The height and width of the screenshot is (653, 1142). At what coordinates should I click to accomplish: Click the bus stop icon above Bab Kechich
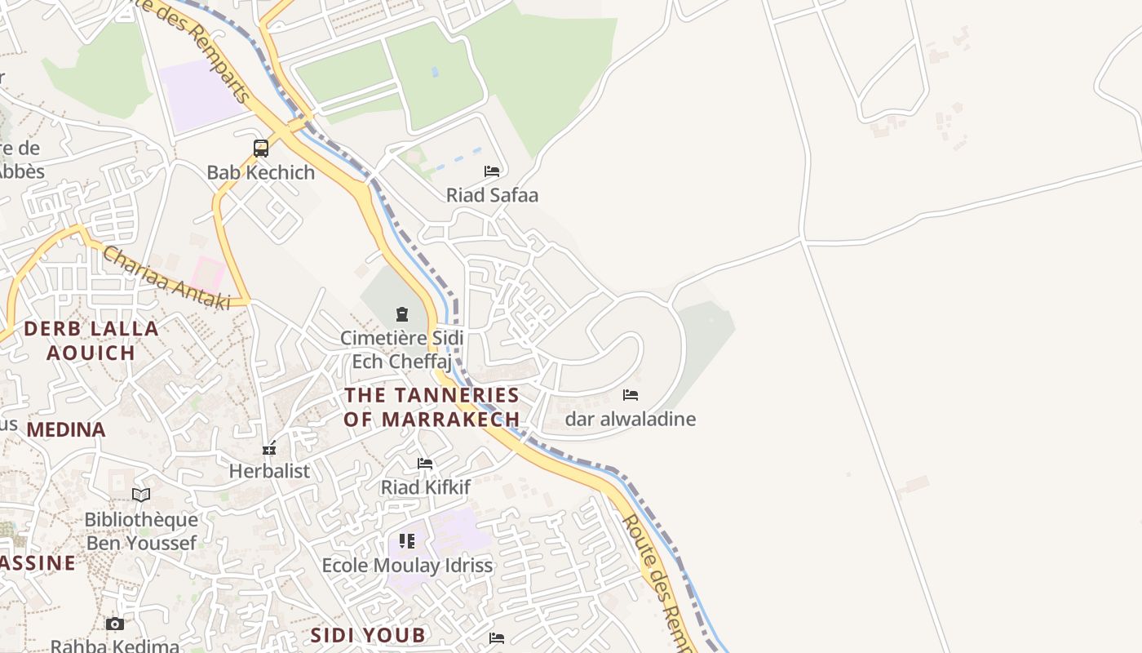coord(261,149)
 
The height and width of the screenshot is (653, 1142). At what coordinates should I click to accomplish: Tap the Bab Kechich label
coord(260,172)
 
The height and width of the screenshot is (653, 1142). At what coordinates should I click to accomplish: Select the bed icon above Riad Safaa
coord(492,171)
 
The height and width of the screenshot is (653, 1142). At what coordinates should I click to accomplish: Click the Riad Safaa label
coord(492,195)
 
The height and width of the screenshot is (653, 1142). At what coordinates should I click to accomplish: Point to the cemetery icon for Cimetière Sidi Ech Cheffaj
coord(401,314)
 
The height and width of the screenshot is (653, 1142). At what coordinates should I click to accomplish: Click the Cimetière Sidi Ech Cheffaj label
coord(401,349)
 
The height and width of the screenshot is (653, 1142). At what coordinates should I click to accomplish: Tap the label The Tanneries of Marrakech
coord(432,406)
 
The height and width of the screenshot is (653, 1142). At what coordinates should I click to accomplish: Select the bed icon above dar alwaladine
coord(631,395)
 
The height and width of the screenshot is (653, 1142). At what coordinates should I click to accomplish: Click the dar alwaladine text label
coord(631,420)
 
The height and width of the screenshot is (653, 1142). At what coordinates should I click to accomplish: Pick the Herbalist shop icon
coord(269,448)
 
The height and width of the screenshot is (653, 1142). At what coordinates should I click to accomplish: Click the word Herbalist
coord(269,471)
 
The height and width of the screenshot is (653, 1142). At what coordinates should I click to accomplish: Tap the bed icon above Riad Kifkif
coord(425,464)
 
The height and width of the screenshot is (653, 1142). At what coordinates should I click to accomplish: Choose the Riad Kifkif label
coord(426,488)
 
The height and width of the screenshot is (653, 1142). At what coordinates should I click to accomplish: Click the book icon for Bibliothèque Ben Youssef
coord(141,495)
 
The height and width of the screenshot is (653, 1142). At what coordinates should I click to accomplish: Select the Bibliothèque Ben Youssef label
coord(141,531)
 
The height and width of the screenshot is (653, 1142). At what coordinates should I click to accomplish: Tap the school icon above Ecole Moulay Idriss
coord(407,541)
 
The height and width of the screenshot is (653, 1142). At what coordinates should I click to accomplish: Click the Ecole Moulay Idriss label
coord(407,565)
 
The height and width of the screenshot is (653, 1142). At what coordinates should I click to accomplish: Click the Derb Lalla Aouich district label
coord(91,340)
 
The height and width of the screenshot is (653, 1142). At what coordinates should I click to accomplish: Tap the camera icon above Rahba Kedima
coord(115,624)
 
